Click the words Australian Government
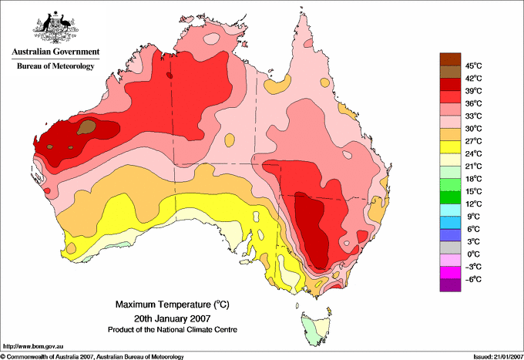tap(55, 52)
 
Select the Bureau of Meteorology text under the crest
tap(55, 66)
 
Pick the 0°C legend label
tap(472, 254)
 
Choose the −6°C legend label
tap(472, 279)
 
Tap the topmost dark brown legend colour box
tap(449, 59)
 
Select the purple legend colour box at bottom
tap(449, 285)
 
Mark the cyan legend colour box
tap(449, 210)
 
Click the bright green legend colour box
tap(449, 184)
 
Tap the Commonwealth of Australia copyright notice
tap(92, 355)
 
